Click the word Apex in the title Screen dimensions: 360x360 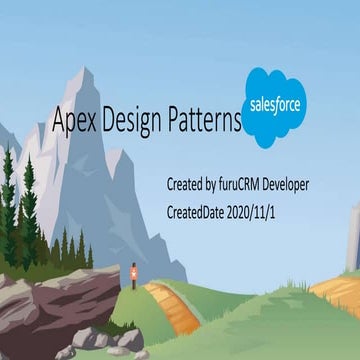(72, 122)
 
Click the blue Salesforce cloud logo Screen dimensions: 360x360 (274, 107)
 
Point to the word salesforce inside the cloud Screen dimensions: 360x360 (274, 106)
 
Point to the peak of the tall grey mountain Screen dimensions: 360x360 (88, 72)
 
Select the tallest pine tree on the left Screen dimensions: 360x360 (28, 200)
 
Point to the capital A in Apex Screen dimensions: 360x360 (59, 122)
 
